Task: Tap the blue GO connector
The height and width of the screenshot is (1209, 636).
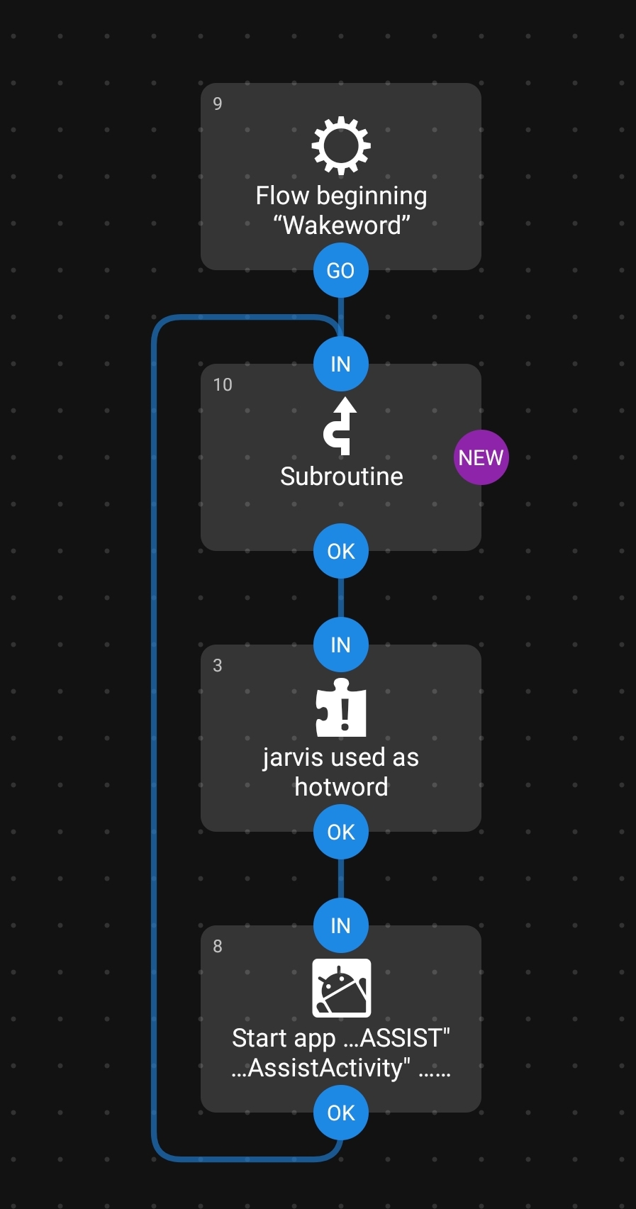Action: pos(340,270)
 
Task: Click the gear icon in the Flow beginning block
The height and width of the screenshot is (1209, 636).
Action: pos(341,145)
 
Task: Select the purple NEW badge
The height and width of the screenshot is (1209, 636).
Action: pos(481,457)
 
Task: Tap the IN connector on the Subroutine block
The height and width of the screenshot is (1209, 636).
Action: pos(340,364)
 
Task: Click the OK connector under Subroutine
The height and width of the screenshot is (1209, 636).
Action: pos(340,551)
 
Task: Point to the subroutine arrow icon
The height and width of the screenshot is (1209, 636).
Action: pos(340,426)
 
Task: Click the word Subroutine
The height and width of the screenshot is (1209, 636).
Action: pos(341,477)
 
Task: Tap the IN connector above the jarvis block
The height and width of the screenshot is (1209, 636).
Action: pos(340,645)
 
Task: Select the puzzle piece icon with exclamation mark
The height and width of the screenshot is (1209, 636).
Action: pos(340,708)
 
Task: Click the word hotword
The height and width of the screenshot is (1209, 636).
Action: pos(341,787)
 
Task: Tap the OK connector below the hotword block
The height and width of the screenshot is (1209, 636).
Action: pos(340,832)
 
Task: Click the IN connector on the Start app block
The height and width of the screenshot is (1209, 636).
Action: pos(340,925)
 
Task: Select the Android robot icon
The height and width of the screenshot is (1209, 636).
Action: pos(341,988)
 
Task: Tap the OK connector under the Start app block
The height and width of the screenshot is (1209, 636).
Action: pos(340,1113)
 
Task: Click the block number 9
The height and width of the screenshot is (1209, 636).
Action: pos(218,104)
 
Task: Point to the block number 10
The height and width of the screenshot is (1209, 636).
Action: pos(223,384)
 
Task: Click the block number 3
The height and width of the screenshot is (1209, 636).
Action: pos(218,665)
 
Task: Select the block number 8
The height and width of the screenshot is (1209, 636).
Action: pos(218,946)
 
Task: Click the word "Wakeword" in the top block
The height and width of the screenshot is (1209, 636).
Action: pos(341,225)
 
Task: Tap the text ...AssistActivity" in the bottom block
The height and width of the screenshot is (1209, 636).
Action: pos(320,1068)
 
